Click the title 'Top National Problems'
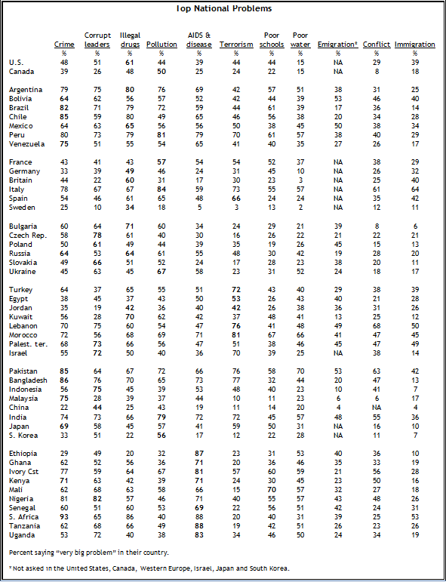(x=224, y=8)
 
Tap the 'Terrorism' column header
(x=236, y=45)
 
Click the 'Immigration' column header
(x=415, y=45)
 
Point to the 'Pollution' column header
(x=161, y=45)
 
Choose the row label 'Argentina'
(x=26, y=90)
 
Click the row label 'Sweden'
(x=22, y=208)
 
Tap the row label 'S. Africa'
(x=23, y=517)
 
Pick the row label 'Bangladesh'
(x=28, y=380)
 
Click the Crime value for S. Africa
(x=63, y=517)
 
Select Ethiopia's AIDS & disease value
(x=199, y=454)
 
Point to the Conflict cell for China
(x=377, y=408)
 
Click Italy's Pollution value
(x=161, y=189)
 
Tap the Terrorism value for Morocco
(x=235, y=335)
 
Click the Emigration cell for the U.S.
(x=337, y=63)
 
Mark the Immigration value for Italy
(x=414, y=189)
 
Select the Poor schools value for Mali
(x=272, y=490)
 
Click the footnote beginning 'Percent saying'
(x=89, y=553)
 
